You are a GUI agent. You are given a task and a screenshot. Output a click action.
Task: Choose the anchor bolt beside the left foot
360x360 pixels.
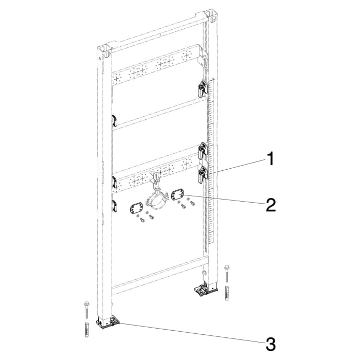[x=86, y=309]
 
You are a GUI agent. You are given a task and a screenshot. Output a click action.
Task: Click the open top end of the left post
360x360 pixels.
[x=106, y=50]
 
